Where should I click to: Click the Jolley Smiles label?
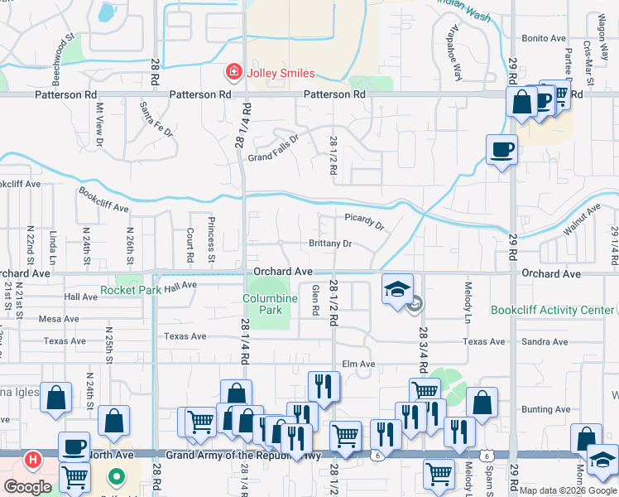point(279,73)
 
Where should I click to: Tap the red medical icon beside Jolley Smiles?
point(234,73)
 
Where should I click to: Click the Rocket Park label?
point(130,291)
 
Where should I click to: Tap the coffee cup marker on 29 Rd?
point(501,150)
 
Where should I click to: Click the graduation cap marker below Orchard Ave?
point(397,290)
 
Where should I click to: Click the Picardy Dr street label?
point(364,221)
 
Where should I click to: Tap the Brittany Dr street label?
point(331,244)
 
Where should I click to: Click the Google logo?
point(27,487)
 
